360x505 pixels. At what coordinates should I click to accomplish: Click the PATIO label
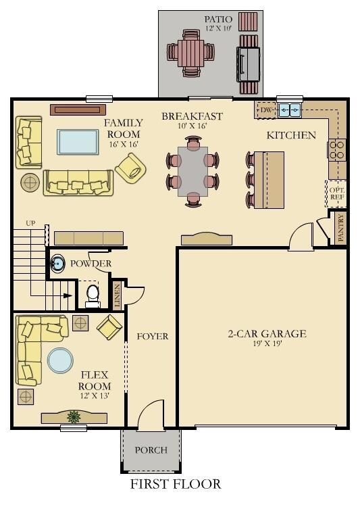click(x=218, y=20)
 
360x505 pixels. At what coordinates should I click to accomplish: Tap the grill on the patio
click(x=248, y=64)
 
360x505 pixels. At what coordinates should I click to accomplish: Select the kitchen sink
click(x=290, y=110)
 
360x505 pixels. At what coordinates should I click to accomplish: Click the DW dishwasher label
click(x=266, y=110)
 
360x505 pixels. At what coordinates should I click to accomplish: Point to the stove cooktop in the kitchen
click(x=337, y=150)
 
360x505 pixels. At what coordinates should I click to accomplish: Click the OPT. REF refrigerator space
click(x=336, y=193)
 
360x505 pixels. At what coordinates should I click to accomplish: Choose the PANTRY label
click(x=341, y=228)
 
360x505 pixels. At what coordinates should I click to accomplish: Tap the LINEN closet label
click(x=117, y=295)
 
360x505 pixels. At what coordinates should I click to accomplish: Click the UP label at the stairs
click(x=30, y=223)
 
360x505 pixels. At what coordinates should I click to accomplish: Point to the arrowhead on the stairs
click(x=68, y=295)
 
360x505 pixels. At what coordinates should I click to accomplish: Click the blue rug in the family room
click(x=78, y=142)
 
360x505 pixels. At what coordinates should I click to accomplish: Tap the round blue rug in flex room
click(x=61, y=360)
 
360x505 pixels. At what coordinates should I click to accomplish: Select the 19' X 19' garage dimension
click(x=267, y=343)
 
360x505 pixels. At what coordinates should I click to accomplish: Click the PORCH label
click(x=151, y=450)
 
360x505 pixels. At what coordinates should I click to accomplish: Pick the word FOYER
click(x=153, y=337)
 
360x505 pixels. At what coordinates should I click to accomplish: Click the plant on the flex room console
click(x=74, y=416)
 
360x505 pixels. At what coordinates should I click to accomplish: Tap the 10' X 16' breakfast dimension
click(x=192, y=126)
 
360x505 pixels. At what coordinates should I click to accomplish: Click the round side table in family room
click(x=30, y=183)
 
